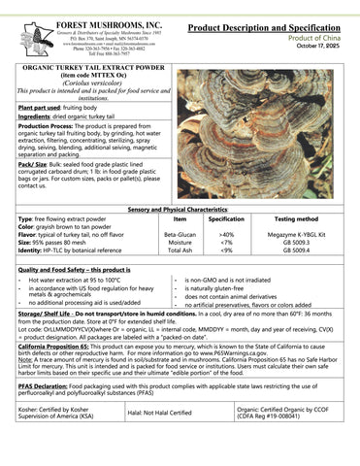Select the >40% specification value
(x=226, y=234)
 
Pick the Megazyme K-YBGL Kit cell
(x=295, y=234)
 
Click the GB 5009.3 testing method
(x=295, y=242)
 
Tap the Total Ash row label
(x=180, y=250)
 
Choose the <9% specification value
(x=226, y=250)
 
